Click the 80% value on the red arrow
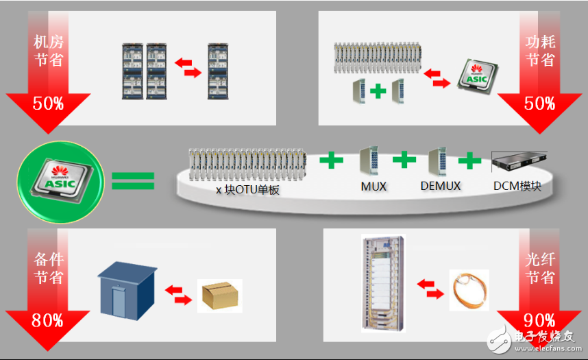point(47,320)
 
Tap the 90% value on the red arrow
point(539,320)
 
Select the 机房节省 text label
point(48,51)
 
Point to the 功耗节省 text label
point(540,51)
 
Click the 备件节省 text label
point(48,269)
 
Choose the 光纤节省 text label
point(540,269)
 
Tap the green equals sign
point(133,181)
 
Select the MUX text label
point(373,187)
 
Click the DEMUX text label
point(440,187)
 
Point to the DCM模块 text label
point(517,187)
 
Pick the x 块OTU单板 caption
point(248,190)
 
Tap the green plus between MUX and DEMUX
point(404,160)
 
